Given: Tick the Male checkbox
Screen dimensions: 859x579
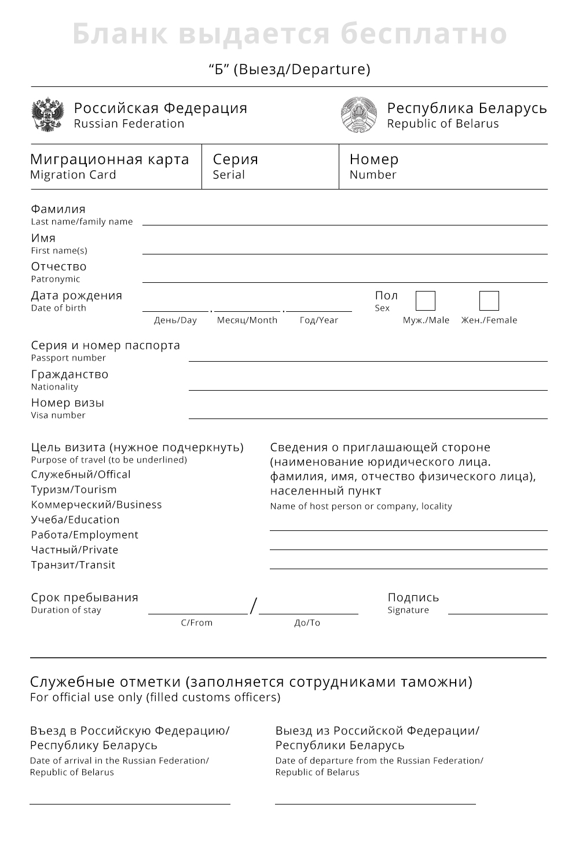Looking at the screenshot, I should point(425,301).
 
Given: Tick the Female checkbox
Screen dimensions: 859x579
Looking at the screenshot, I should point(489,301).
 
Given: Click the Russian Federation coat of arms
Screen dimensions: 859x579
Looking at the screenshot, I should point(47,115).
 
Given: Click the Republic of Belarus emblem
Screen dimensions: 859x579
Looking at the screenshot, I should point(359,115).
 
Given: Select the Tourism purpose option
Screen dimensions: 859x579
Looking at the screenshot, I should point(74,490).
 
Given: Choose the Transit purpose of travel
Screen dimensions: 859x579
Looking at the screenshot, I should point(73,565).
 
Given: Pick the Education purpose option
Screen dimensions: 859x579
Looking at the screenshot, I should point(75,520).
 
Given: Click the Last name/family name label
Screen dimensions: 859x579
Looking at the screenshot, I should point(82,221).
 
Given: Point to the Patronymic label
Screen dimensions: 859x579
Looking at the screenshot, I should point(56,279).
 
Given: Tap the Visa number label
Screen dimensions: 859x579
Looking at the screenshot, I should point(58,415).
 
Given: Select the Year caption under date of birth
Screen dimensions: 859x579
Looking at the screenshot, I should point(318,320).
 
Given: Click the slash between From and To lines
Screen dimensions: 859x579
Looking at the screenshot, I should point(253,606).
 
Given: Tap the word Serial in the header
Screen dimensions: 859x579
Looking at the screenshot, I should point(229,174).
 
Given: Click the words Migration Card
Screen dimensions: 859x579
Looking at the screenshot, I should point(73,174).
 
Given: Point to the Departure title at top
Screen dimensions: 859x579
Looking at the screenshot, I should point(289,70).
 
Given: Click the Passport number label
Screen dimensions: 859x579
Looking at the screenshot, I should point(68,358).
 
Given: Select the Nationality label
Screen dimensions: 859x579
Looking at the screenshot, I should point(54,387).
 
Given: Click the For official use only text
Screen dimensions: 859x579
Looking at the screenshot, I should point(155,697).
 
